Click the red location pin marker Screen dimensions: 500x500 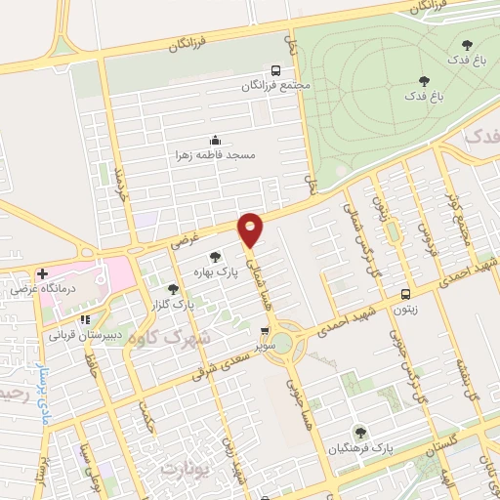[251, 229]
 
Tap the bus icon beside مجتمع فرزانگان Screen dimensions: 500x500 [275, 70]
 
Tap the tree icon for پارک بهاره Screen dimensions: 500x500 [214, 256]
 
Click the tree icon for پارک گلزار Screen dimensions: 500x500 [173, 289]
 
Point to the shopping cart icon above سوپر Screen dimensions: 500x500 [264, 332]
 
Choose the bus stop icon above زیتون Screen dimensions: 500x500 [406, 293]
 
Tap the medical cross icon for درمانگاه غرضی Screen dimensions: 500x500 [41, 273]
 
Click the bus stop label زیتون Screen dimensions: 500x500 [406, 309]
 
